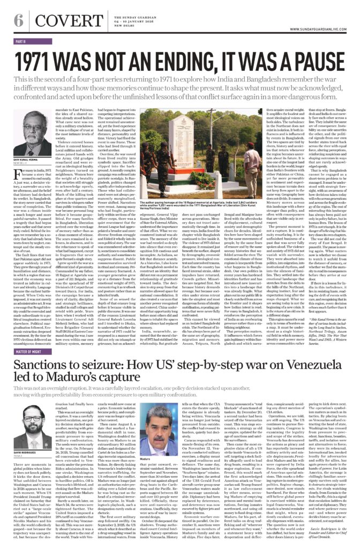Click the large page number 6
18,20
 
